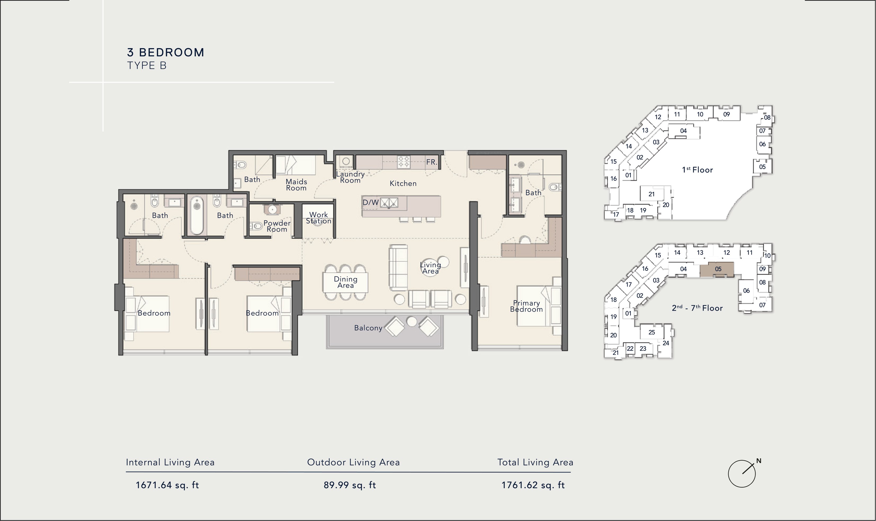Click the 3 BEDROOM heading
coord(166,53)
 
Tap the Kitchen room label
coord(403,183)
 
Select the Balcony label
coord(368,328)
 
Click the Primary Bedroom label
coord(526,306)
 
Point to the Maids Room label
coord(296,185)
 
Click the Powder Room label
coord(277,226)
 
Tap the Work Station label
coord(318,218)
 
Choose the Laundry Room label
coord(350,177)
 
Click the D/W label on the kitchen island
coord(370,203)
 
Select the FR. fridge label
coord(432,162)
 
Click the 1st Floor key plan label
coord(697,170)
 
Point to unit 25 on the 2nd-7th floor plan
coord(651,332)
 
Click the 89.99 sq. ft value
coord(350,485)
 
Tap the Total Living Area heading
coord(535,462)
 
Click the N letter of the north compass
coord(759,461)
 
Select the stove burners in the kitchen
coord(404,162)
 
